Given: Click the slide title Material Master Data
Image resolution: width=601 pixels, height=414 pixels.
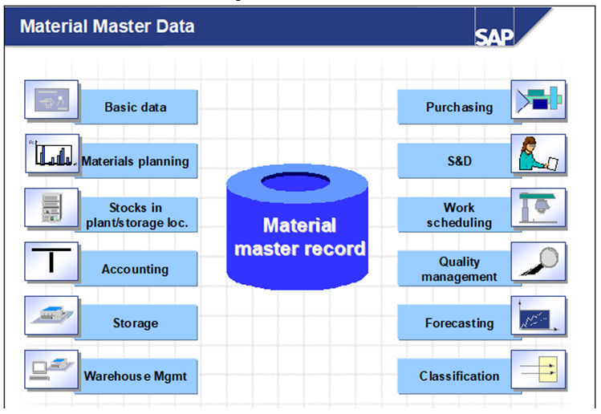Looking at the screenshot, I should (107, 26).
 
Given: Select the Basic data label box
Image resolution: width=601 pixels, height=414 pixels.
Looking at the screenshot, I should (135, 108).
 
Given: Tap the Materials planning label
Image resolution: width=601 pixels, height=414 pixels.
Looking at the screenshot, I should (135, 161).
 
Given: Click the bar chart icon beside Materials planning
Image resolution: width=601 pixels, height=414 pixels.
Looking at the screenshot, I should (51, 154).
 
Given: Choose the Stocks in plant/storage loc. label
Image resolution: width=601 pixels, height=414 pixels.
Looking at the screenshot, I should (136, 216).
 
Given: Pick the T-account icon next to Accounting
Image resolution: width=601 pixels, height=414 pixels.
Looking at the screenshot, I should (51, 262).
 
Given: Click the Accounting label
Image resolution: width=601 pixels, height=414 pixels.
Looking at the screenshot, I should (135, 270).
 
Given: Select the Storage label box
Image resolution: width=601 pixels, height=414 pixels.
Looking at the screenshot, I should (135, 323).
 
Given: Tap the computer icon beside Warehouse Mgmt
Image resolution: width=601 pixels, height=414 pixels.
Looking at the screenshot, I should (51, 368).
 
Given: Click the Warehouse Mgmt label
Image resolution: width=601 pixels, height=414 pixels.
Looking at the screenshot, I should (135, 375).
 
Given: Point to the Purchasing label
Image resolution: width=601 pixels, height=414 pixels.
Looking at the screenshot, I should (459, 108).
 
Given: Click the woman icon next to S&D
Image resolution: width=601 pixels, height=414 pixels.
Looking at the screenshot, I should (538, 154).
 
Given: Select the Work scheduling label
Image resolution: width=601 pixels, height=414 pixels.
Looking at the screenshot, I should (459, 216).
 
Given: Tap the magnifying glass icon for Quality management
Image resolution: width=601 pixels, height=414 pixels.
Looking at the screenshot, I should (538, 262).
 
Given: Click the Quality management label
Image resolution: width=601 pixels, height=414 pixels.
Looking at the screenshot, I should (459, 270).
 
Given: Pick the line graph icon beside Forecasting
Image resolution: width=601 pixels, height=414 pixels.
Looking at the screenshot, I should (538, 315).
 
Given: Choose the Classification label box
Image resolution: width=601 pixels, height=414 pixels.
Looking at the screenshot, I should (459, 375).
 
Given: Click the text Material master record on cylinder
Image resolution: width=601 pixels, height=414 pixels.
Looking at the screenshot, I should (299, 237).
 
